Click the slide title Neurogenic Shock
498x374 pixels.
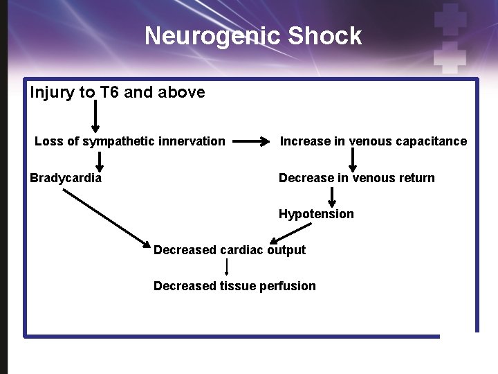click(253, 36)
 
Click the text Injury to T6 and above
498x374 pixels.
click(118, 92)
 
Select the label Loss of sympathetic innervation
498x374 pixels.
click(130, 141)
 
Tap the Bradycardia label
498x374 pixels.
click(66, 178)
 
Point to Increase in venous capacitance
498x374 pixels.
click(373, 141)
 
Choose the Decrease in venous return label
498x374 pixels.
click(356, 178)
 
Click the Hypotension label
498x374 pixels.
click(316, 214)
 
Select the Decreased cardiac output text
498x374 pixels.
click(229, 250)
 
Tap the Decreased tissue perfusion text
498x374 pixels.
click(234, 286)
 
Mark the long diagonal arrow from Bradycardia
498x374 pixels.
click(107, 218)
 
